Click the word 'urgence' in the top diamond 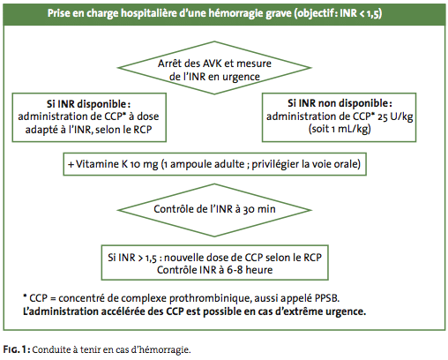click(241, 77)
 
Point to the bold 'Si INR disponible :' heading click(88, 104)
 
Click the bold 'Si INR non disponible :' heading click(340, 103)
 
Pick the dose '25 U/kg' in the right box click(395, 116)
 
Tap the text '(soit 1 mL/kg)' click(340, 129)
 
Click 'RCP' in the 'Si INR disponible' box click(143, 130)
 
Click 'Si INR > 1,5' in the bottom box click(132, 258)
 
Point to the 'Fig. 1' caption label click(17, 349)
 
